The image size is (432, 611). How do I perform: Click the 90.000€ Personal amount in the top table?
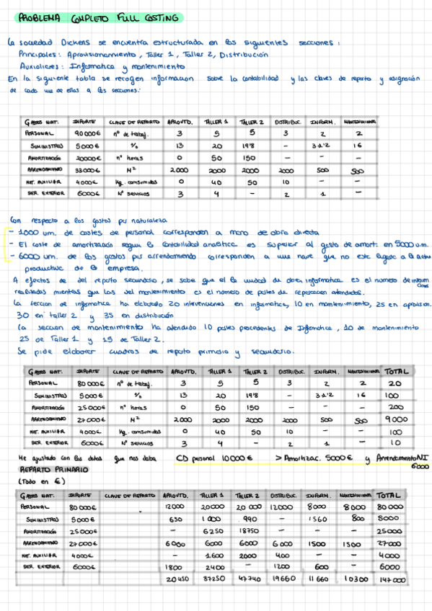point(87,133)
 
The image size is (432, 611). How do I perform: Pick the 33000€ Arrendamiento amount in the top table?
point(87,170)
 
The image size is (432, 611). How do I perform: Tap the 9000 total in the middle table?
point(394,419)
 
